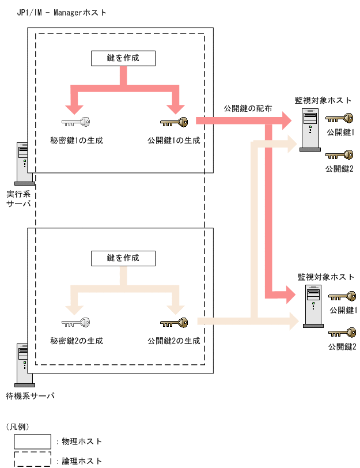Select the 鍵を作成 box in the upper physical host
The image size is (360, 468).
(x=123, y=58)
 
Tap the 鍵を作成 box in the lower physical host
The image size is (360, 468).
(x=123, y=258)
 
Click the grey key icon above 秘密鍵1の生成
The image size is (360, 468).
(x=77, y=122)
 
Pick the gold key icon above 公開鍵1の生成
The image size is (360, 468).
(x=174, y=122)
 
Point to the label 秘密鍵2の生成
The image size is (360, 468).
(x=77, y=341)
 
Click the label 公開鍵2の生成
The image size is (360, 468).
(x=174, y=341)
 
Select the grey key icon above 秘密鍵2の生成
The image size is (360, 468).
(x=77, y=323)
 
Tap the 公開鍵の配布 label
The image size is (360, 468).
(x=248, y=108)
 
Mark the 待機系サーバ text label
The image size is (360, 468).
(x=30, y=396)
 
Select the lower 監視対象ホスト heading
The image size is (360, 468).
(x=326, y=277)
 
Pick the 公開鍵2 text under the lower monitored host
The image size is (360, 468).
(x=343, y=346)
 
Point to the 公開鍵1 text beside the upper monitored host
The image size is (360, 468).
(x=340, y=133)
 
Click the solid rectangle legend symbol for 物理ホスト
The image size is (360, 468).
(x=32, y=441)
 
